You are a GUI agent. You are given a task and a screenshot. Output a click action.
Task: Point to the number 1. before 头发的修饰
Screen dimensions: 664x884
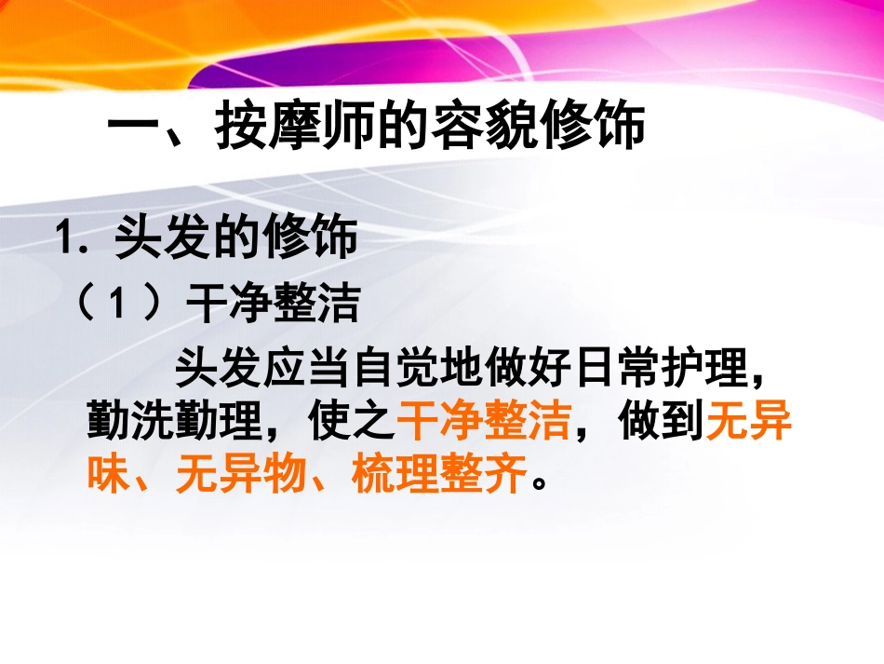(x=72, y=238)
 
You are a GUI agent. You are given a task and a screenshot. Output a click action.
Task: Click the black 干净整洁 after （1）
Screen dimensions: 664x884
(x=273, y=304)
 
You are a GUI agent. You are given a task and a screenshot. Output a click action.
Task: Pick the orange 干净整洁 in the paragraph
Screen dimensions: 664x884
(x=484, y=424)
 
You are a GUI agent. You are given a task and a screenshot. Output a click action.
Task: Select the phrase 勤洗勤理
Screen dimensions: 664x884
(x=172, y=424)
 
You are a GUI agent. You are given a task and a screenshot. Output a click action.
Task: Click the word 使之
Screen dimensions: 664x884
(x=352, y=424)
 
